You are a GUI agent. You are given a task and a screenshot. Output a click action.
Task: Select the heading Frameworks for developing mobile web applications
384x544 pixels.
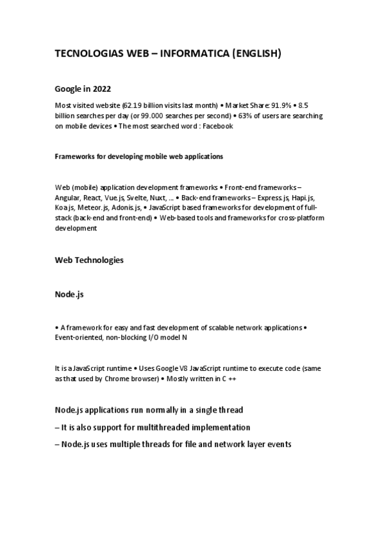click(x=139, y=156)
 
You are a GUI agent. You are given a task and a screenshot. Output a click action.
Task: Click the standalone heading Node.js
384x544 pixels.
click(x=70, y=294)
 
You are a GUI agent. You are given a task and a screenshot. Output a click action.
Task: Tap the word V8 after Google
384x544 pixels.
click(x=166, y=368)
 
